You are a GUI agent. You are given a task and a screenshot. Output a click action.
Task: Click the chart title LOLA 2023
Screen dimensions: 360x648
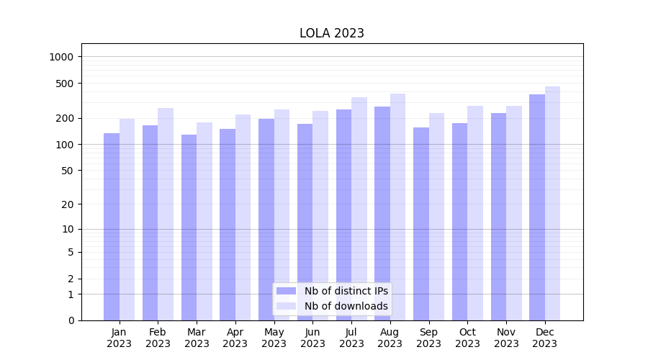click(332, 33)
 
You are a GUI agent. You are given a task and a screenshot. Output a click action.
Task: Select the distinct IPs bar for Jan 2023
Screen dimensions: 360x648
click(112, 227)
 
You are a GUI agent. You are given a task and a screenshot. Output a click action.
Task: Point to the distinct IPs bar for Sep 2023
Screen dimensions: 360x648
click(421, 224)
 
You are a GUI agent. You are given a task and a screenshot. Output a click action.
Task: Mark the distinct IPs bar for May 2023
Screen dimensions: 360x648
click(266, 220)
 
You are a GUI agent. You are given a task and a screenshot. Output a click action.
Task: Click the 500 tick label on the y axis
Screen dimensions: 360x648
click(65, 84)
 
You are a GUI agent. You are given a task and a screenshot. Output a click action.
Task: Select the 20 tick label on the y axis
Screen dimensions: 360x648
click(68, 204)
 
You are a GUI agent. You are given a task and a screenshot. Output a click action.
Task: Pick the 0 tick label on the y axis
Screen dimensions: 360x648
click(71, 320)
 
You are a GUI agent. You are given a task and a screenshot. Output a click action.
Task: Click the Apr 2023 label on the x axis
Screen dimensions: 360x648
click(235, 338)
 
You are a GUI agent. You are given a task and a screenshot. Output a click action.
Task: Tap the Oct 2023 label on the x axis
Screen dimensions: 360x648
click(467, 338)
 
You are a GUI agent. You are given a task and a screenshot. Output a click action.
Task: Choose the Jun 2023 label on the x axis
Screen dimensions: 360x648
click(312, 338)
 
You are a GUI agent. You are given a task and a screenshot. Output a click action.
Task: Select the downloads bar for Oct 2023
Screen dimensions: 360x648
click(475, 213)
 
